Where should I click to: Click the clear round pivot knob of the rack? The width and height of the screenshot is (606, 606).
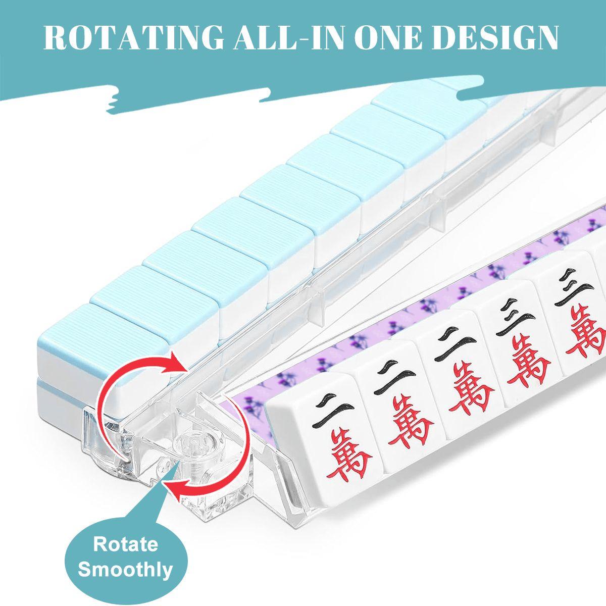coord(189,444)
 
